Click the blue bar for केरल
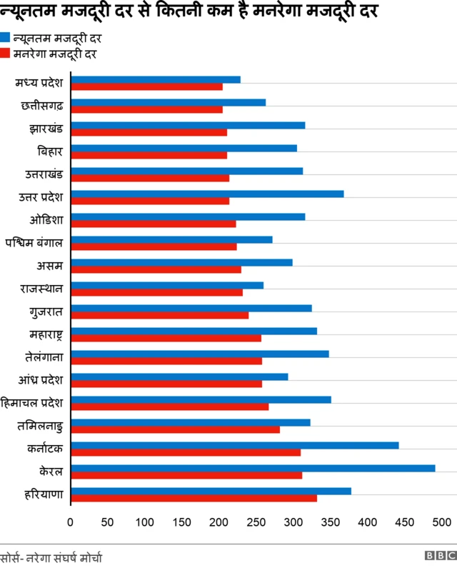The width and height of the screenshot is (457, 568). (x=253, y=468)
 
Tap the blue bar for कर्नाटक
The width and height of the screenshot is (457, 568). (x=235, y=445)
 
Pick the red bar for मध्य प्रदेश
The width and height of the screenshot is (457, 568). (x=147, y=86)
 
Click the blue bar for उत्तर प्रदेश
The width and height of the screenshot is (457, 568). (x=208, y=194)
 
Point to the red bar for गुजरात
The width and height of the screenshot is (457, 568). (x=160, y=315)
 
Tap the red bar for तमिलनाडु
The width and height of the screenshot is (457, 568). (x=176, y=429)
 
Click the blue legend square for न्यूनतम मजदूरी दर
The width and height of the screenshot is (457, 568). (x=5, y=38)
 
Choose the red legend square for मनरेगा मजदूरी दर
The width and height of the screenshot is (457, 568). (x=5, y=54)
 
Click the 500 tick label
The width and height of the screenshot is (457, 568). (x=441, y=522)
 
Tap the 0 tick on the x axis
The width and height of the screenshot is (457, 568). (x=70, y=522)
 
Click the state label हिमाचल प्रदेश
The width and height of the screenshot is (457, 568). (x=33, y=403)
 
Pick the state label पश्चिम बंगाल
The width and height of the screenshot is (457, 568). (x=34, y=243)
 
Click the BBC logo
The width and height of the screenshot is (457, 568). (x=440, y=556)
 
